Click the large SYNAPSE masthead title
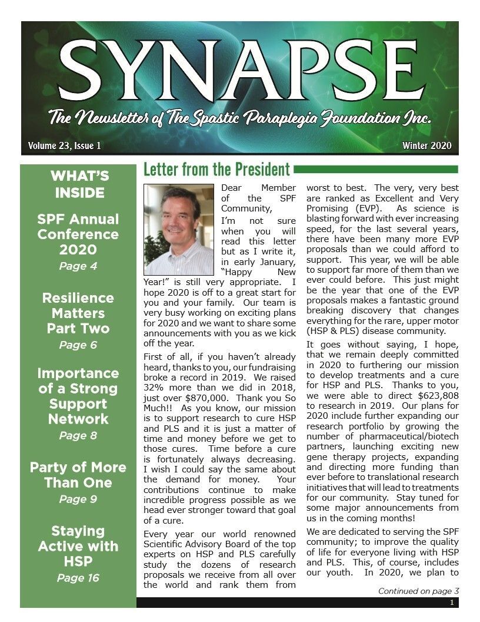point(240,74)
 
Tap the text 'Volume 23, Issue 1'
point(64,145)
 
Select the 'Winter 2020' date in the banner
point(427,145)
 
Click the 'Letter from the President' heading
point(216,170)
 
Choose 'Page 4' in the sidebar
point(78,266)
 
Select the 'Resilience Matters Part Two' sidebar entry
point(78,313)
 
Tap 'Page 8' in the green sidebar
point(78,436)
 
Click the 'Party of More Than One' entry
point(78,475)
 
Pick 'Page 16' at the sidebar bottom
point(78,578)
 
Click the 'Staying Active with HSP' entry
point(78,547)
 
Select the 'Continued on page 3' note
point(418,591)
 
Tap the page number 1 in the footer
point(452,603)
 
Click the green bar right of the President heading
point(376,170)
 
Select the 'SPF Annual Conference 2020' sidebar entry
point(78,234)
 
